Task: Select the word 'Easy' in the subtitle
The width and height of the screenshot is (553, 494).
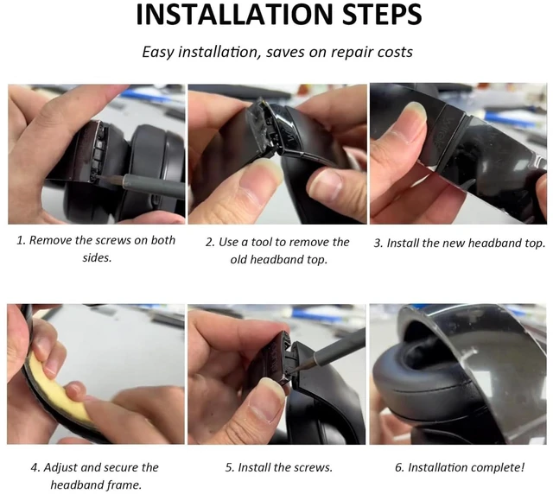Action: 157,52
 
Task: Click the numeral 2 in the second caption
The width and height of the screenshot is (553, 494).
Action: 209,242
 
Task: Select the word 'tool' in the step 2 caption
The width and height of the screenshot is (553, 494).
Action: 261,242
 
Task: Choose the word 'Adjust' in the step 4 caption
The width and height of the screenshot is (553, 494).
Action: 60,467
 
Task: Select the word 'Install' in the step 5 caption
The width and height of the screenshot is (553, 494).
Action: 254,467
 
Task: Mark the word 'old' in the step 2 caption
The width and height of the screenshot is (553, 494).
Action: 238,259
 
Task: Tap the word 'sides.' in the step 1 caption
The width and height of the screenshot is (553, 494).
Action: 97,257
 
